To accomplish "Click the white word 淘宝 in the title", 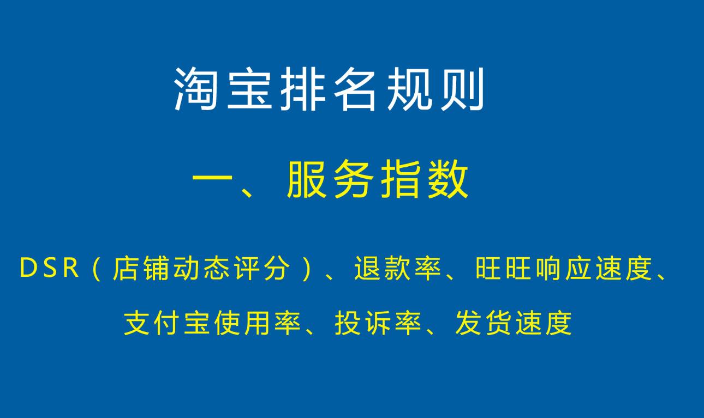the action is click(223, 89).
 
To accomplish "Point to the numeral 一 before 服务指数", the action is click(212, 179).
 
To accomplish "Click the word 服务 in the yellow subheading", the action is click(330, 179).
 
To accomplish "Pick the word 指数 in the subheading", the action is click(425, 179).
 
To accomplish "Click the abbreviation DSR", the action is click(49, 269).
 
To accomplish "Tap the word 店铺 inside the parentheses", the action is click(141, 269).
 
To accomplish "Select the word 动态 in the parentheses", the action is click(201, 269).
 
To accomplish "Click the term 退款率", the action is click(398, 269).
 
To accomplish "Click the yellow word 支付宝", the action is click(166, 323).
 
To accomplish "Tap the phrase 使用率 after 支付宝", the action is click(257, 323).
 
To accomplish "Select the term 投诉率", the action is click(378, 323).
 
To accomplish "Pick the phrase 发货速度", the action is click(513, 323).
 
